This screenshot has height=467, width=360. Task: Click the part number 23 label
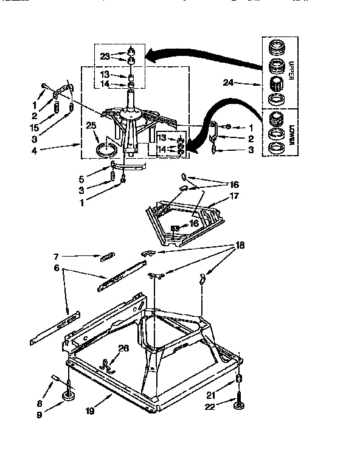click(105, 57)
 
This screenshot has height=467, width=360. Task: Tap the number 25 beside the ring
click(92, 125)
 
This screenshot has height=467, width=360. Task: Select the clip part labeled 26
click(107, 364)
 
